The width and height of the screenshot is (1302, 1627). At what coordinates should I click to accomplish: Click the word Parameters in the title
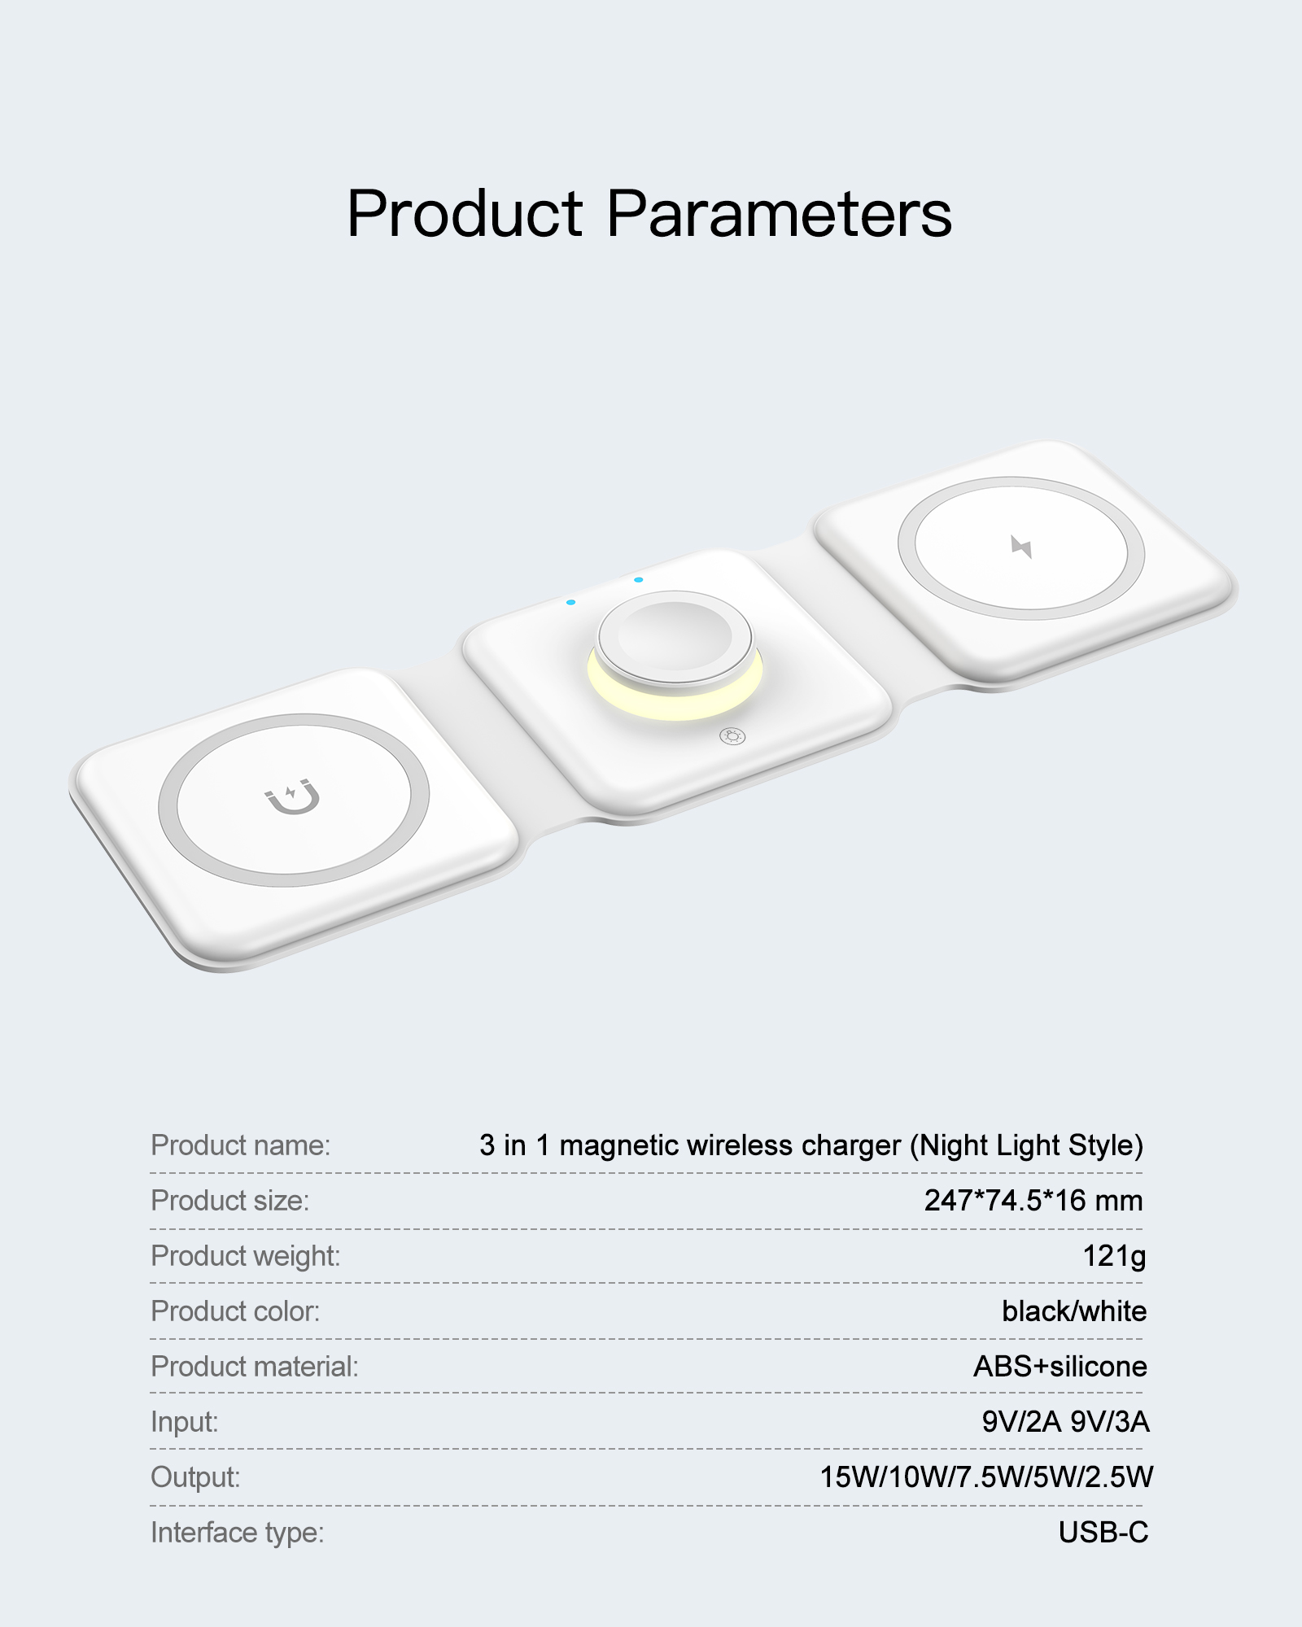(780, 214)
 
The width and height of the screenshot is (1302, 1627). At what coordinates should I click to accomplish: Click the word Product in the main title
(465, 214)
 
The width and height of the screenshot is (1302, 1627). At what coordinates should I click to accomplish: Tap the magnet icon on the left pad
(293, 796)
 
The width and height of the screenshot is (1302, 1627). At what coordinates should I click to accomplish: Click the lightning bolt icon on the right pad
(1021, 547)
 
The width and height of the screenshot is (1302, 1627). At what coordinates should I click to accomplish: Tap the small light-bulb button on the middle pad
(732, 737)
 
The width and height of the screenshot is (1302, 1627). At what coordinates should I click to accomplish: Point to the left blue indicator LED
(570, 602)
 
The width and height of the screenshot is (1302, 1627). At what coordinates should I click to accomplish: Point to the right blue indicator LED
(639, 580)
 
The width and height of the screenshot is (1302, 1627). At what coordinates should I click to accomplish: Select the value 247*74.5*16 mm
(1033, 1201)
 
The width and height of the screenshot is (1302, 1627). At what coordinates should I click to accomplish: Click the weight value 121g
(1114, 1257)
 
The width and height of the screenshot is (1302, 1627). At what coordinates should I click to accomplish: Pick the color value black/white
(1074, 1311)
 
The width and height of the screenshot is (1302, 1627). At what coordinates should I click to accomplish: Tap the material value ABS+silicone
(1060, 1367)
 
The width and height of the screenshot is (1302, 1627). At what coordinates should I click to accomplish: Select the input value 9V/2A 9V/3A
(1065, 1422)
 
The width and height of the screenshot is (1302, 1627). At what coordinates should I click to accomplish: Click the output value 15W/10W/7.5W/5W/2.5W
(986, 1477)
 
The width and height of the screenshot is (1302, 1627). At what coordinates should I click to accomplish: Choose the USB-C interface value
(1103, 1533)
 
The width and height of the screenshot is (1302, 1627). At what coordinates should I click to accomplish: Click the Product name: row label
(241, 1145)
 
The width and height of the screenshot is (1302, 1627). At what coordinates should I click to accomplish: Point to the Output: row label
(196, 1477)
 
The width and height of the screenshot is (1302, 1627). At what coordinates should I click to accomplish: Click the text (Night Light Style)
(1027, 1146)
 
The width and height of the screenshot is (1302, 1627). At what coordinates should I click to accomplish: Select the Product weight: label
(246, 1257)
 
